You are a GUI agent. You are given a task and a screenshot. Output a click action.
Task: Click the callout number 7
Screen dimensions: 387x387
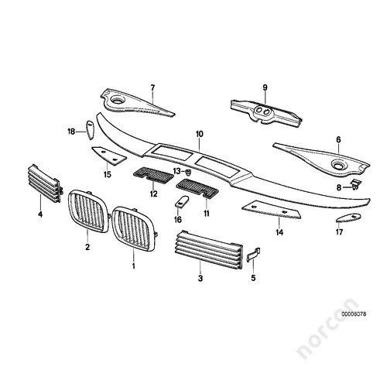(152, 87)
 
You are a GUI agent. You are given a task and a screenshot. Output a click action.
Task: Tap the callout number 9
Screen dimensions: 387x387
(265, 87)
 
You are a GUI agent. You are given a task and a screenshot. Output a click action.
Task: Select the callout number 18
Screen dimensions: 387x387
(71, 132)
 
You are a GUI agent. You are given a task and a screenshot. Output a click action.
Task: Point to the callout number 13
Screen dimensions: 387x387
(177, 171)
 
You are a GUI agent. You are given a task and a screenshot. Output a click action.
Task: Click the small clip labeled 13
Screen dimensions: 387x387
(188, 172)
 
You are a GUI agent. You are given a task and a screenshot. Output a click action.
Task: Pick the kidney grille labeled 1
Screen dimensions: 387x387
(134, 228)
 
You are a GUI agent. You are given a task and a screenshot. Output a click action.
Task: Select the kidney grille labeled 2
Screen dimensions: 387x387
(88, 211)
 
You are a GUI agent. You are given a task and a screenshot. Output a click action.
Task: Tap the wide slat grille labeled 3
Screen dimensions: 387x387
(209, 250)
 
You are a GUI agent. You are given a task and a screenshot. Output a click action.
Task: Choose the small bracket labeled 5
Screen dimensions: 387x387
(254, 255)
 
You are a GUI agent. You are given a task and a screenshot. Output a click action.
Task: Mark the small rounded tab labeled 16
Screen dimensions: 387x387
(182, 201)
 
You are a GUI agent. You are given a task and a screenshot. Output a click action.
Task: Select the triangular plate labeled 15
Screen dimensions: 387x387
(108, 155)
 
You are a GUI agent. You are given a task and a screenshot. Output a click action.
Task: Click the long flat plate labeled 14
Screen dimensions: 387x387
(272, 210)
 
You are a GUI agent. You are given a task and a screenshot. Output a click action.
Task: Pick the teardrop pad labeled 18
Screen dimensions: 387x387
(90, 130)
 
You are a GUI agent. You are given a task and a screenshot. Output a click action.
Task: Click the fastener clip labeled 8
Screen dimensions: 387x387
(355, 184)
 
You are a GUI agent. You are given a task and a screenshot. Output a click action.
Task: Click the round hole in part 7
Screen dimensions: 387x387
(118, 100)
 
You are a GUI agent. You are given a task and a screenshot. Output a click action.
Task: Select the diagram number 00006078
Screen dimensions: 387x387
(354, 314)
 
